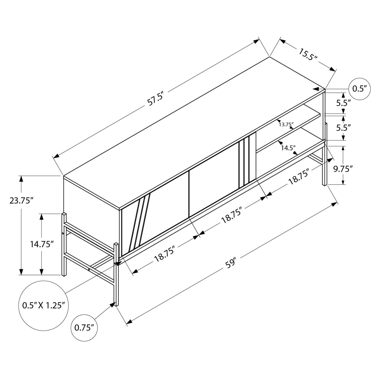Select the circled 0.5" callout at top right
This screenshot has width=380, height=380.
point(360,89)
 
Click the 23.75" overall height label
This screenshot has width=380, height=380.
point(22,201)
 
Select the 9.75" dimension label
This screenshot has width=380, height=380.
point(343,169)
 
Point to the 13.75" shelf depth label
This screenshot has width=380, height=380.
point(286,124)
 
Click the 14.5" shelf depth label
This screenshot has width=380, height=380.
point(288,148)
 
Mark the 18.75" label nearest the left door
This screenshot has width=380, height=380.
point(166,254)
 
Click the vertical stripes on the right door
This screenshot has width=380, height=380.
point(244,162)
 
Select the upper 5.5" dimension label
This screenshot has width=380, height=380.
point(343,103)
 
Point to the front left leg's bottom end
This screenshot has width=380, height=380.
point(116,305)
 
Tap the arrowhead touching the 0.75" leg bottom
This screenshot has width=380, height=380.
point(112,304)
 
